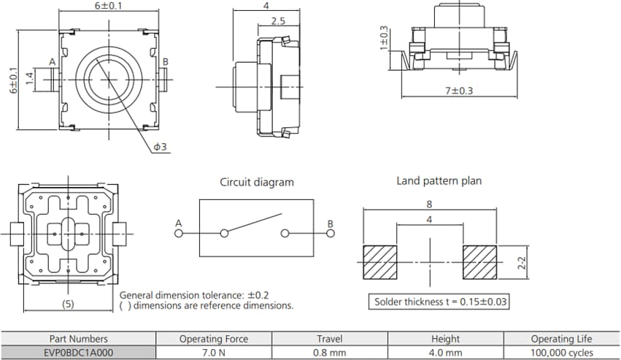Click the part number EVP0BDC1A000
pos(78,351)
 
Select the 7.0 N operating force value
pos(213,351)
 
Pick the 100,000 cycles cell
pos(562,351)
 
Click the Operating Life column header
pos(562,339)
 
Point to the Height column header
pos(445,339)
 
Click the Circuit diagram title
pos(257,183)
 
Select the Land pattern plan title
pos(439,180)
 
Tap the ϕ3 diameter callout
pos(160,148)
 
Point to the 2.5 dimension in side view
pos(278,21)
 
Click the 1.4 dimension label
pos(30,77)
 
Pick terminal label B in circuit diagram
pos(330,223)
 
